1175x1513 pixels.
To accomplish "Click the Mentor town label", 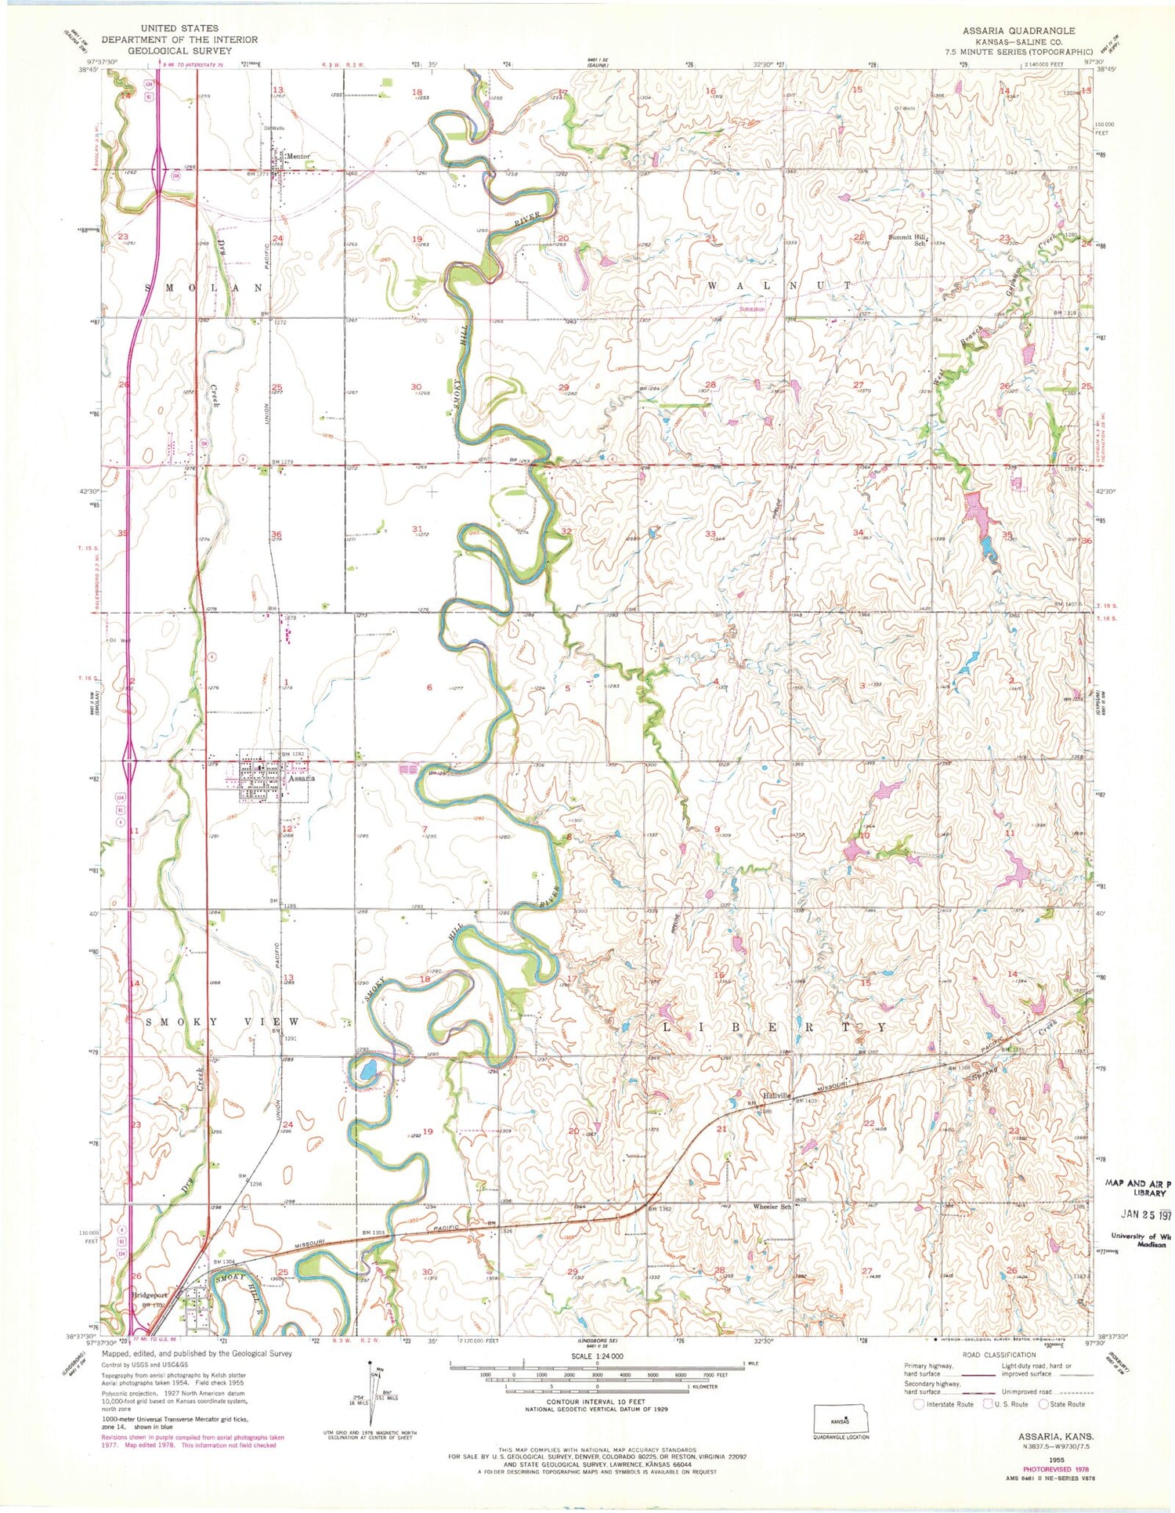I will pos(298,156).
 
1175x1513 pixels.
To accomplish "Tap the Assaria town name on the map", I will pos(301,779).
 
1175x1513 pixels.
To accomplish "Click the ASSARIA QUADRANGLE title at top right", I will pos(1018,31).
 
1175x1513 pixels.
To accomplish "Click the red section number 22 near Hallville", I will pos(869,1124).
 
